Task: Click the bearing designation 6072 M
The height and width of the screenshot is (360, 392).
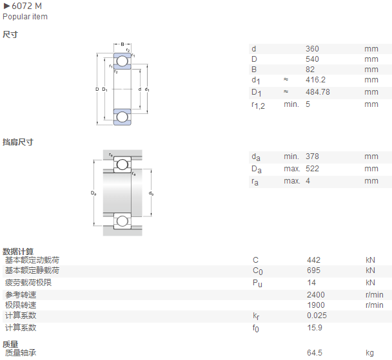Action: click(26, 6)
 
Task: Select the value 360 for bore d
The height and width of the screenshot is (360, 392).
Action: click(312, 49)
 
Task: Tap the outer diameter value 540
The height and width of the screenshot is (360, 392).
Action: click(312, 59)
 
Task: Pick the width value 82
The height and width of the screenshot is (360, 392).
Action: click(310, 70)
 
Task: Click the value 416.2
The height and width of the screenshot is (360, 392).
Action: click(315, 80)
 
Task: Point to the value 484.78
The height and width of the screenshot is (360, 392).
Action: click(318, 92)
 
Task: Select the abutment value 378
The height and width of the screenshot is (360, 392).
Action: click(312, 156)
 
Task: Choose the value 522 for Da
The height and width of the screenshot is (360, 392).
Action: click(312, 169)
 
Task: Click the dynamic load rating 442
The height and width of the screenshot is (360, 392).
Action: click(313, 260)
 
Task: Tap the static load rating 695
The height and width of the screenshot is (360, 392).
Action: click(313, 270)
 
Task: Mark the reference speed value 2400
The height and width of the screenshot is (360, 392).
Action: click(316, 295)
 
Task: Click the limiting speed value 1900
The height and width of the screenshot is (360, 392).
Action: click(316, 305)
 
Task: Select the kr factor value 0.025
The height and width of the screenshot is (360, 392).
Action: click(317, 316)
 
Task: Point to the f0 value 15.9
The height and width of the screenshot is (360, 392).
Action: click(315, 328)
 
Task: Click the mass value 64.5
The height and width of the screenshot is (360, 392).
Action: click(315, 353)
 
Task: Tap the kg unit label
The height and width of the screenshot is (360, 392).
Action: click(369, 353)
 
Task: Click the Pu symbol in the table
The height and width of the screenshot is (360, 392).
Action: click(257, 283)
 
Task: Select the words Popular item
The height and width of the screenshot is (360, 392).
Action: click(25, 17)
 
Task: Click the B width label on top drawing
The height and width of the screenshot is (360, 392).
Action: click(122, 44)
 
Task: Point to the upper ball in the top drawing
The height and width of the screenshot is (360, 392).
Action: click(122, 61)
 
